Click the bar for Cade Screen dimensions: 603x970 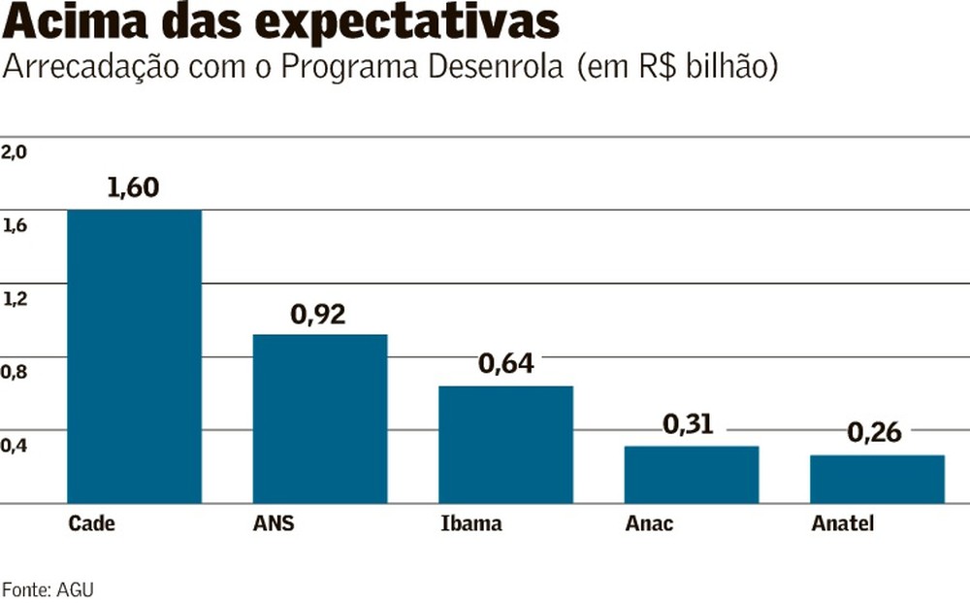[x=134, y=356]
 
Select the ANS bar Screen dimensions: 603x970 [x=320, y=419]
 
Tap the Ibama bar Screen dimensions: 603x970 [x=505, y=444]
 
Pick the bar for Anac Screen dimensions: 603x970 [x=692, y=474]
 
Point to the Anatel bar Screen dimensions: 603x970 [x=877, y=479]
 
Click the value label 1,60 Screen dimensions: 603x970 [x=133, y=186]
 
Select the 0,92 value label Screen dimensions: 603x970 [x=318, y=315]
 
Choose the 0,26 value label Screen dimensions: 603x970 [x=874, y=432]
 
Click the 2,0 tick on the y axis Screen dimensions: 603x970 [x=15, y=151]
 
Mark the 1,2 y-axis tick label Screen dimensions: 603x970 [x=15, y=299]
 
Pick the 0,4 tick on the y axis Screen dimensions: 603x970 [x=15, y=446]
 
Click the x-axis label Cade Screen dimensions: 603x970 [x=91, y=524]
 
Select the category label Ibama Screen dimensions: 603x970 [x=471, y=524]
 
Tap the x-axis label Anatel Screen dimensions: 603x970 [x=842, y=524]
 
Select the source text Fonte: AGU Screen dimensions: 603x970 [x=48, y=588]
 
